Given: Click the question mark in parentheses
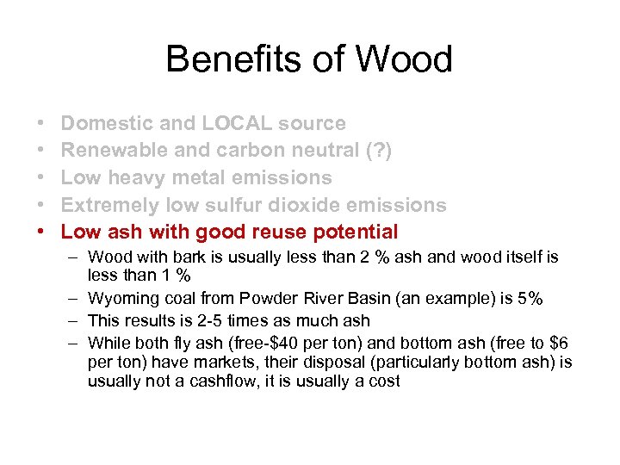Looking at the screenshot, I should pos(377,150).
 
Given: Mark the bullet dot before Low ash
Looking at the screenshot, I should pos(43,232).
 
